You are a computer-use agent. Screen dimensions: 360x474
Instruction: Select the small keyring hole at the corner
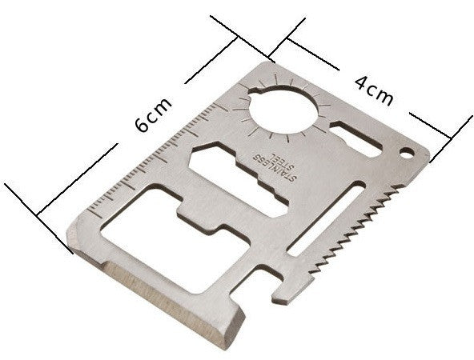coord(406,153)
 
